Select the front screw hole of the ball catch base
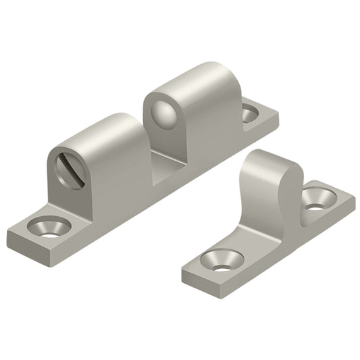49,225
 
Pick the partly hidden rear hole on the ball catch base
250,113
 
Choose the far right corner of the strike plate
355,199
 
